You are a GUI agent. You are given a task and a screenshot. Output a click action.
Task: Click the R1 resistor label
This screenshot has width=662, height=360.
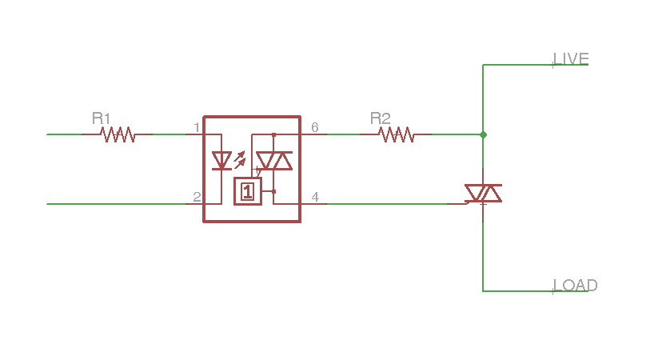coord(101,118)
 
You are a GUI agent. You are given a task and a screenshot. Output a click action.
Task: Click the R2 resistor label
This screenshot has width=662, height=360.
coord(380,118)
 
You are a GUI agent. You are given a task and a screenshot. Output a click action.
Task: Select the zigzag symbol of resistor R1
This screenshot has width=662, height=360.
coord(118,134)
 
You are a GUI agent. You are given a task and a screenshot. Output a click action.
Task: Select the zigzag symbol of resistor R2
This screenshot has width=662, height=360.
coord(396,134)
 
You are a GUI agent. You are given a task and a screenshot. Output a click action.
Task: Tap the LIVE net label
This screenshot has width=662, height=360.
coord(571,59)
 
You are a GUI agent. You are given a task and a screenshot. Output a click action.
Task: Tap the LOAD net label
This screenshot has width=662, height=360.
coord(576,286)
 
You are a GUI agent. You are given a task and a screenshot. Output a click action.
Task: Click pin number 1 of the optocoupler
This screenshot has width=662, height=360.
coord(197,127)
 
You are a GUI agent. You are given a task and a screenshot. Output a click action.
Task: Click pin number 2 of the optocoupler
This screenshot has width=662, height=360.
coord(197,197)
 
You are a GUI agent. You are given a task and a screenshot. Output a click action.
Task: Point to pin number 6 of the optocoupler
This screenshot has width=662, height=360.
coord(315,127)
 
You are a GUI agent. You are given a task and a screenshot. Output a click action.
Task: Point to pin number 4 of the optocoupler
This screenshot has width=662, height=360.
coord(315,197)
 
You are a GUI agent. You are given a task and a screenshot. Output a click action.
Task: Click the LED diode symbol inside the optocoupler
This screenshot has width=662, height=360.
coord(221,161)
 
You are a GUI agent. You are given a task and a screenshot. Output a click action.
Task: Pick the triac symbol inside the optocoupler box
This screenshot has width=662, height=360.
coord(274,161)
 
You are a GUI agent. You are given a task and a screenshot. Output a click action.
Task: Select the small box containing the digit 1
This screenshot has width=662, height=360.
coord(248,191)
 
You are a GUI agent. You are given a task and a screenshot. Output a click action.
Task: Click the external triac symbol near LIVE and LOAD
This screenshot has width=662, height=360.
coord(484,194)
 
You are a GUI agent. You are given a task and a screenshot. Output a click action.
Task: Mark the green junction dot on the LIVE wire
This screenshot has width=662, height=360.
coord(484,134)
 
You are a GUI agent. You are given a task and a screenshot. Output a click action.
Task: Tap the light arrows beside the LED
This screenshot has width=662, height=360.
coord(240,160)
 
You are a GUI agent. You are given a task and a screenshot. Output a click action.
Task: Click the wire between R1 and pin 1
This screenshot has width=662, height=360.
coord(169,134)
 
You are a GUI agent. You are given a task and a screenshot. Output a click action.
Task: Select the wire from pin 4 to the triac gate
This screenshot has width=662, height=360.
coord(387,204)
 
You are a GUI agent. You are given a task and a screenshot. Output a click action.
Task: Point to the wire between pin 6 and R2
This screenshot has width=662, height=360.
coord(344,134)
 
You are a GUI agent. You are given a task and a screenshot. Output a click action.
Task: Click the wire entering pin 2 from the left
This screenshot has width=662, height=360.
coord(117,204)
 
